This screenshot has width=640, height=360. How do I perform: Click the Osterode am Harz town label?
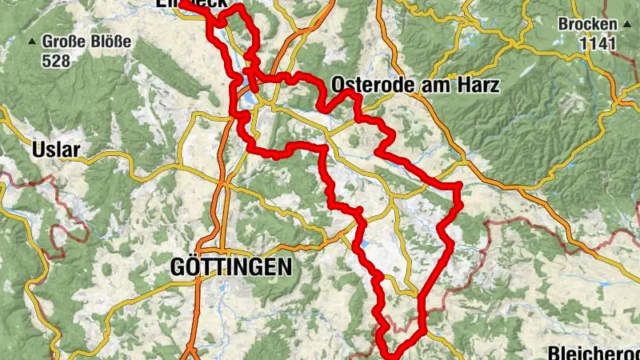click(414, 85)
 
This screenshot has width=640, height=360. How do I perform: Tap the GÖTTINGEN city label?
click(231, 267)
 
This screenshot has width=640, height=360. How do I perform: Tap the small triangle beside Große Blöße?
click(33, 41)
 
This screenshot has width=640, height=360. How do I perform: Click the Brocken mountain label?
click(588, 24)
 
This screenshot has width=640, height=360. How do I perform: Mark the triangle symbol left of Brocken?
click(551, 25)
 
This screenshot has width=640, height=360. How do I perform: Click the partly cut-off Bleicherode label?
click(593, 353)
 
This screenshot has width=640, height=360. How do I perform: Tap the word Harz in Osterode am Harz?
click(478, 85)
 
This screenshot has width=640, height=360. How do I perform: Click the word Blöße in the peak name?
click(107, 40)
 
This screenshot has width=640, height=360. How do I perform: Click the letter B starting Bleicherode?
click(553, 353)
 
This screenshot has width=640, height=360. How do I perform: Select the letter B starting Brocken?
click(564, 24)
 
